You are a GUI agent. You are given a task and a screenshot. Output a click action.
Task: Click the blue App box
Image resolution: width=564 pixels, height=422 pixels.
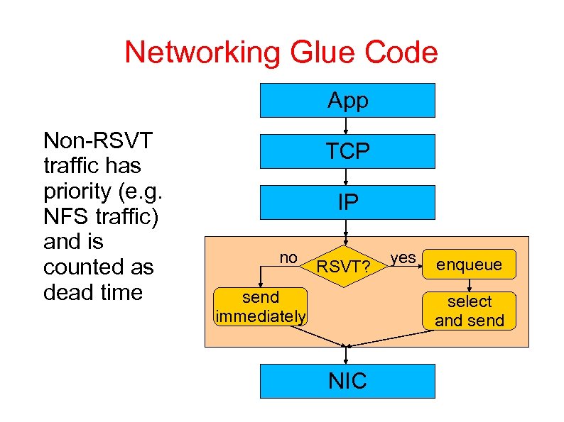(x=347, y=100)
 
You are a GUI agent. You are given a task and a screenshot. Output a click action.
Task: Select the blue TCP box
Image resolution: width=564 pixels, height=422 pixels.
(x=347, y=151)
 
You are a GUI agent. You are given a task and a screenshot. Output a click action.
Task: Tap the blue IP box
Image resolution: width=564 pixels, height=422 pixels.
(x=347, y=202)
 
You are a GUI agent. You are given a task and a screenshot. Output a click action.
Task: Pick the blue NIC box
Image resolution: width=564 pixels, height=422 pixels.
(x=347, y=381)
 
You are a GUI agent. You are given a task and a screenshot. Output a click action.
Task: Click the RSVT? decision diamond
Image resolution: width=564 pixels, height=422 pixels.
(x=344, y=267)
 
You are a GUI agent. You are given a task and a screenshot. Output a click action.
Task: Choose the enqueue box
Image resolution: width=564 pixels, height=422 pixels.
(x=469, y=265)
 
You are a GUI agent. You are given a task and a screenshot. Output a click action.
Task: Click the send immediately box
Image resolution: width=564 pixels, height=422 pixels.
(x=261, y=306)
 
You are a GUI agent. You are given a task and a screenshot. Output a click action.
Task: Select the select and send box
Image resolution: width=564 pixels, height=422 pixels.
(x=469, y=311)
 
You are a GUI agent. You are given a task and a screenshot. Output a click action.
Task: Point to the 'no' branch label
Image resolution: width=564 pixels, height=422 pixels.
(x=288, y=258)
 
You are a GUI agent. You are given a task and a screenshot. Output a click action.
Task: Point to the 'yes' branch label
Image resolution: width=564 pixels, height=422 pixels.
(x=403, y=257)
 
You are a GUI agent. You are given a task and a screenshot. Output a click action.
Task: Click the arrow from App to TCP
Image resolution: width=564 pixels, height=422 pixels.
(x=346, y=126)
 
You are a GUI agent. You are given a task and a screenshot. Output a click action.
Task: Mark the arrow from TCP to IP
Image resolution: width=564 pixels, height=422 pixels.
(x=346, y=177)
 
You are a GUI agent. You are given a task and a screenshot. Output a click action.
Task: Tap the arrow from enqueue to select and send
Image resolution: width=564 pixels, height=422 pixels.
(x=469, y=286)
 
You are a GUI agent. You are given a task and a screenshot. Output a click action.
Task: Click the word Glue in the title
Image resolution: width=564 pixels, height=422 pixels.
(x=322, y=52)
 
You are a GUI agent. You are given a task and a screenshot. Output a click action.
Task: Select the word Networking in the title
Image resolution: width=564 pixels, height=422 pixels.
(x=202, y=53)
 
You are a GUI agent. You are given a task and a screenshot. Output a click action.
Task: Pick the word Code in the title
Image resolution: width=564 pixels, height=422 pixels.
(x=401, y=52)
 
